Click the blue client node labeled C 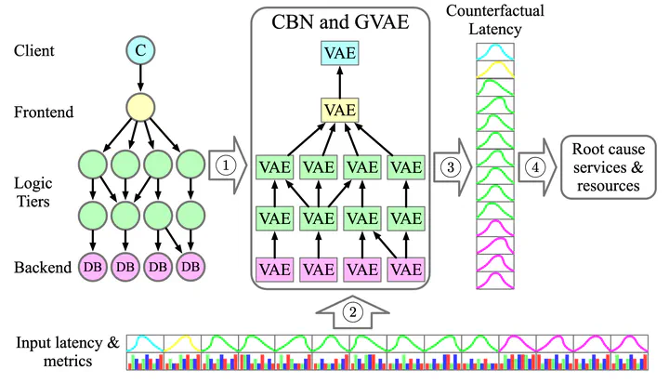pos(140,50)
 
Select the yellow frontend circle pos(140,108)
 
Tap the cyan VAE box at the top pos(340,53)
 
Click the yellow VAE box pos(340,110)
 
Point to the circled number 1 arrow pos(228,165)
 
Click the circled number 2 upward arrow pos(352,312)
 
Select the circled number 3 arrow pos(453,167)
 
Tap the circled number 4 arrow pos(538,167)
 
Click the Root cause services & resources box pos(608,167)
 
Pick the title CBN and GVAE pos(340,21)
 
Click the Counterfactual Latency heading pos(495,20)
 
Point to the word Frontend pos(44,112)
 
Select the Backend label pos(43,268)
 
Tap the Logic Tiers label pos(33,192)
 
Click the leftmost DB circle pos(93,267)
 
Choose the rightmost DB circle pos(190,267)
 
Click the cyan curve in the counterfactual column pos(495,51)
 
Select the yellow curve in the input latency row pos(183,343)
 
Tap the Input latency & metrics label pos(68,351)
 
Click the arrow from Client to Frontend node pos(140,79)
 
